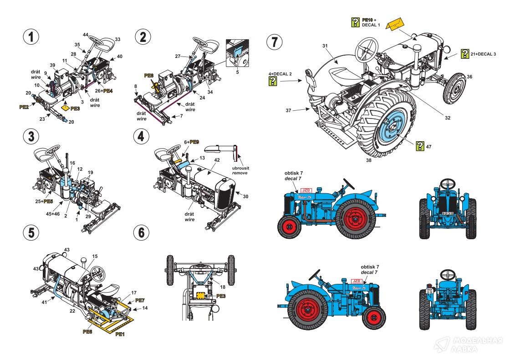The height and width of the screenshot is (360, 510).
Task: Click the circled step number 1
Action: click(31, 37)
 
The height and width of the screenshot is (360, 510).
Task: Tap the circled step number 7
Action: click(274, 42)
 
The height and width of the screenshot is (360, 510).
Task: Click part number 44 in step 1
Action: click(86, 35)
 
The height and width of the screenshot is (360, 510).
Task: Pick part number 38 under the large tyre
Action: click(367, 160)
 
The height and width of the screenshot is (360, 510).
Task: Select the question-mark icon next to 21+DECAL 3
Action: click(465, 54)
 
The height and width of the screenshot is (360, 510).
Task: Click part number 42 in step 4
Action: click(217, 160)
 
